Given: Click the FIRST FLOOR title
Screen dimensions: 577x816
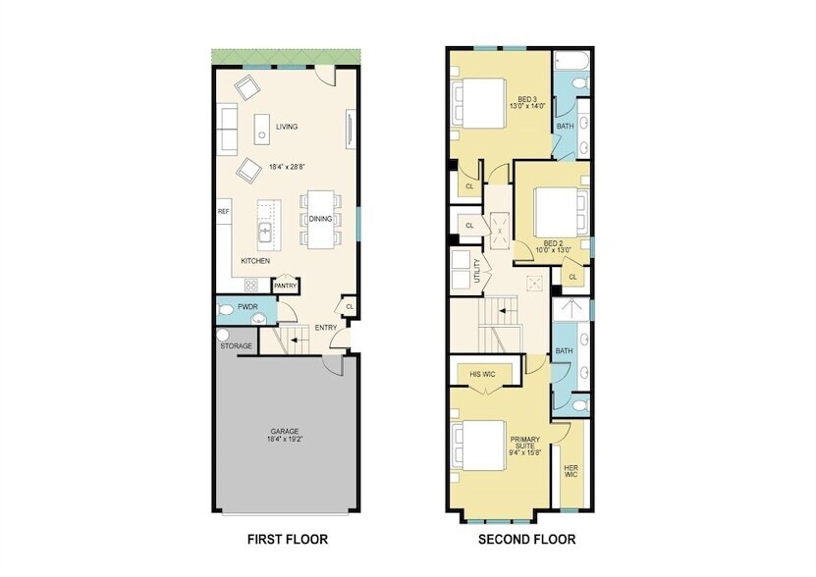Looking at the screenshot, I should tap(288, 540).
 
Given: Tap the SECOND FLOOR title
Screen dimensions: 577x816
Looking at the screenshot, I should tap(526, 540).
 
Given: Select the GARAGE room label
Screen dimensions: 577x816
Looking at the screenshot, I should tap(286, 432).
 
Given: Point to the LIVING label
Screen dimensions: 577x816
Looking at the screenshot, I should tap(287, 127).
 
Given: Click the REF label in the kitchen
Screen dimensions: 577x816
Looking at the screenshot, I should tap(224, 211).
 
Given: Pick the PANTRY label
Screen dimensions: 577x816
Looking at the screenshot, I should tap(285, 286).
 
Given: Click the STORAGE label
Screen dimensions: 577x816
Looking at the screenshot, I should tap(236, 346).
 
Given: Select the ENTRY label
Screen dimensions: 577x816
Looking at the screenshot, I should tap(325, 328).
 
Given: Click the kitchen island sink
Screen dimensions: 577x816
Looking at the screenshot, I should tap(265, 233).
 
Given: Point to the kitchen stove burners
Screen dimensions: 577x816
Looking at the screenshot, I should tap(250, 286).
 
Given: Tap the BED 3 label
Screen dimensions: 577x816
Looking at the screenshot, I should tap(526, 99).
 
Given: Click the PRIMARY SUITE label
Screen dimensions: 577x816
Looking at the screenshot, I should tap(524, 446).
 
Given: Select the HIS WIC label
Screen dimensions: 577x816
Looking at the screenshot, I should tap(481, 374).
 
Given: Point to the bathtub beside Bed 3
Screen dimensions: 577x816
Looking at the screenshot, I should tap(569, 66).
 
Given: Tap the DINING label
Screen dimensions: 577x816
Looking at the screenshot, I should tap(320, 219).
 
